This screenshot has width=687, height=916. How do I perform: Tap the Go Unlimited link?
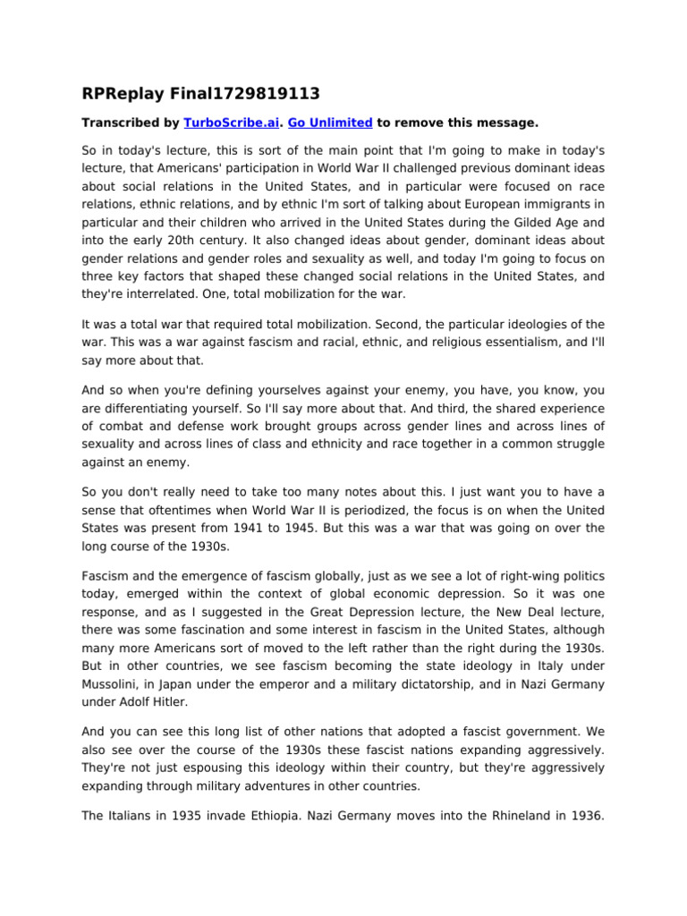point(330,122)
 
